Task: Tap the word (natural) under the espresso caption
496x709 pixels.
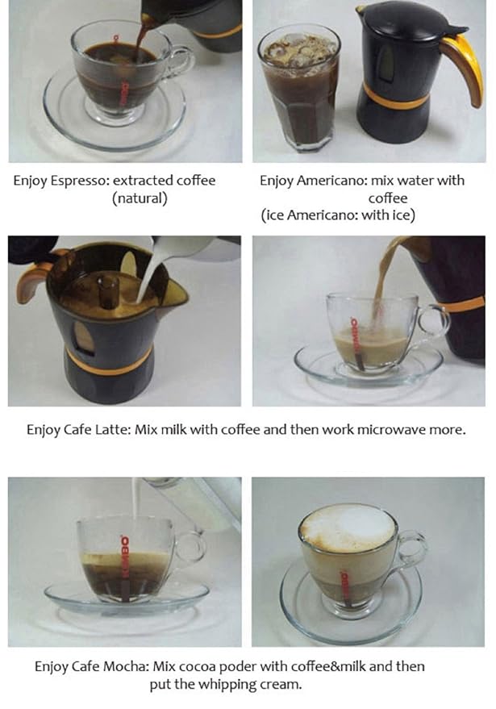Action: click(x=140, y=198)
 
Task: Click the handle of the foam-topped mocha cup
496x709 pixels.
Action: click(x=411, y=548)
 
